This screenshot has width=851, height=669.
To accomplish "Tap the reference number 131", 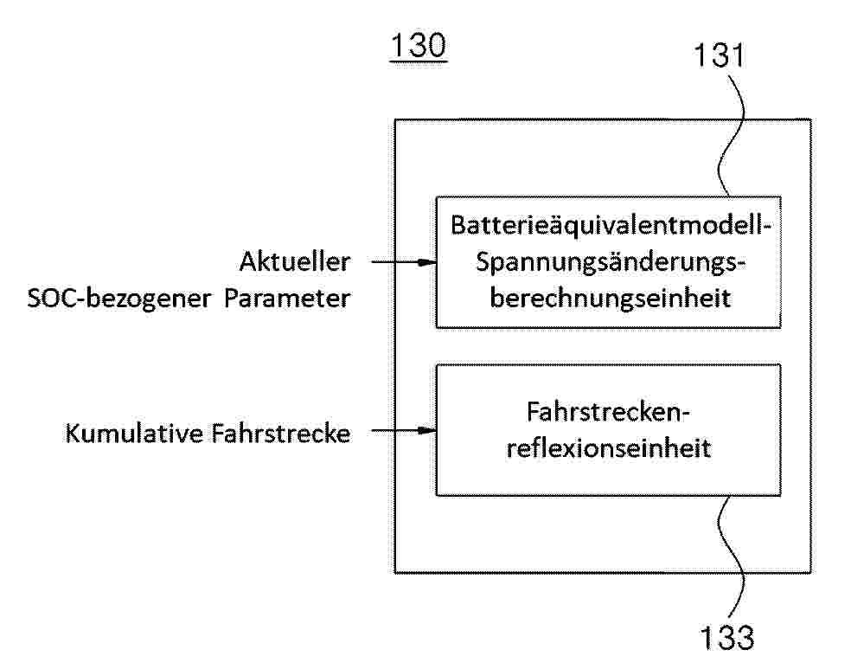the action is [720, 55].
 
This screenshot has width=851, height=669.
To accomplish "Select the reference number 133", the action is [726, 637].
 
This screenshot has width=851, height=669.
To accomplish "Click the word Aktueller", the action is [295, 261].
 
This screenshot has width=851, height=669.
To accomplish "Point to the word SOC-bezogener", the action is [118, 298].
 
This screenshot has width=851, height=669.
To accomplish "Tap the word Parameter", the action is [287, 298].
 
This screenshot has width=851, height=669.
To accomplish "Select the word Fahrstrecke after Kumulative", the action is [280, 434].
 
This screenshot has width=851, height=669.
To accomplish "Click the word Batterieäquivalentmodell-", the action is [611, 225].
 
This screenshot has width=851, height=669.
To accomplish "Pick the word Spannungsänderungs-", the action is [611, 262].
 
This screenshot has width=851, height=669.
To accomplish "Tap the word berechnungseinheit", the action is [611, 298].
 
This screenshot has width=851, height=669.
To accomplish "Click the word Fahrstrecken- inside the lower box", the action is [608, 412].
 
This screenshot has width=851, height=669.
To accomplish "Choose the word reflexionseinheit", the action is [608, 448].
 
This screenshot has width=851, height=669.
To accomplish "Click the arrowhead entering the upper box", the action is [428, 262].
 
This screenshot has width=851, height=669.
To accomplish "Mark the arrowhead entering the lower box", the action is [428, 431].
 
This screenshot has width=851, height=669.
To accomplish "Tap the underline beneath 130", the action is [418, 61].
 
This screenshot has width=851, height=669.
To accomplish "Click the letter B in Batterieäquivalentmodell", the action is [458, 225].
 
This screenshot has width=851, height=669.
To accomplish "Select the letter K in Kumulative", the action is [73, 434].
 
